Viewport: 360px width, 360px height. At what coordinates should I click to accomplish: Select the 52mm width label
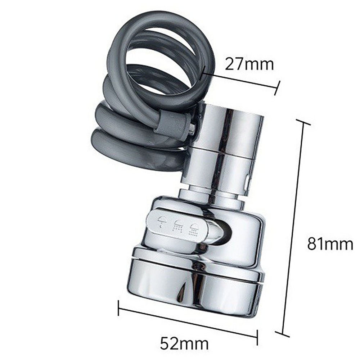click(x=184, y=343)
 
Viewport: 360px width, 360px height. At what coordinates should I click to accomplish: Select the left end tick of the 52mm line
click(x=118, y=308)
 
